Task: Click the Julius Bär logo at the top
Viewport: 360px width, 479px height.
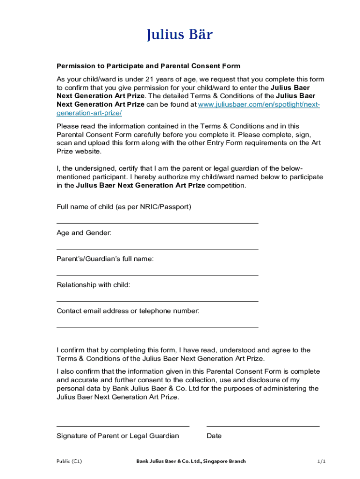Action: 180,35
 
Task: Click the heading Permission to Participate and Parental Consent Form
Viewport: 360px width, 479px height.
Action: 148,66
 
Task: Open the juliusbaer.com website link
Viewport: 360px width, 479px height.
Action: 259,105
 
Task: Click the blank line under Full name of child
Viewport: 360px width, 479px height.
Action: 157,223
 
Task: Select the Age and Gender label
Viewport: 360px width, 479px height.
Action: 84,232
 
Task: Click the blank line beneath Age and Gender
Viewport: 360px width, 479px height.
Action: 157,249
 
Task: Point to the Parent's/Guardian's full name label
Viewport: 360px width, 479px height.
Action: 105,259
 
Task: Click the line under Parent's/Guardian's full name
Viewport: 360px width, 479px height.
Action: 157,275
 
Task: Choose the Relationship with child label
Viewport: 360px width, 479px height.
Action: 94,285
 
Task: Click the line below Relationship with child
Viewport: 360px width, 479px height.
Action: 157,301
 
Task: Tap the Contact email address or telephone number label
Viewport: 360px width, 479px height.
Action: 128,311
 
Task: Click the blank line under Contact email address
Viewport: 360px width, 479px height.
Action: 157,327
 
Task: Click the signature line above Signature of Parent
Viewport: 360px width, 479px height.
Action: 123,426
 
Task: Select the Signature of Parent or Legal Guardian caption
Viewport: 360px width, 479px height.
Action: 118,436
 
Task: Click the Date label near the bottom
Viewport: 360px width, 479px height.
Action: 214,436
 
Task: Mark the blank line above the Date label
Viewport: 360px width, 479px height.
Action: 263,426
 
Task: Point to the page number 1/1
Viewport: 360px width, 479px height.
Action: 321,461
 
